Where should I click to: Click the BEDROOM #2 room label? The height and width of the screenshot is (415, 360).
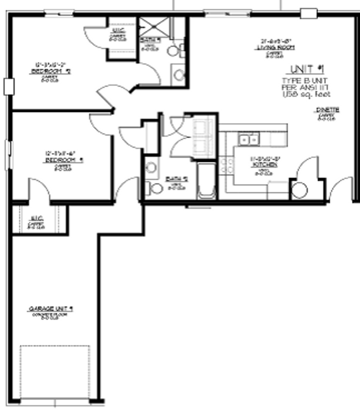(x=50, y=71)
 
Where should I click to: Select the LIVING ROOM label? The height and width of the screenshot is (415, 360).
(x=275, y=48)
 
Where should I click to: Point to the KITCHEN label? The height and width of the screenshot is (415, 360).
(x=264, y=164)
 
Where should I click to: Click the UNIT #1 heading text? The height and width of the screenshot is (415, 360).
(x=307, y=69)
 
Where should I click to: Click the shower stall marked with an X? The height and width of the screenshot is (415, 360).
(x=154, y=27)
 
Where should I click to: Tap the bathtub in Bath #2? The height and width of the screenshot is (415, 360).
(x=207, y=181)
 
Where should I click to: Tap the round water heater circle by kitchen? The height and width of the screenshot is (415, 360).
(x=299, y=190)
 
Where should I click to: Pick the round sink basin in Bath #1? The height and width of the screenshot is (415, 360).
(x=179, y=75)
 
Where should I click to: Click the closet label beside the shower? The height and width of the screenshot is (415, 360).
(x=117, y=31)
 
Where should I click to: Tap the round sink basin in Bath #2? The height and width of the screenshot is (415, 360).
(x=152, y=167)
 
